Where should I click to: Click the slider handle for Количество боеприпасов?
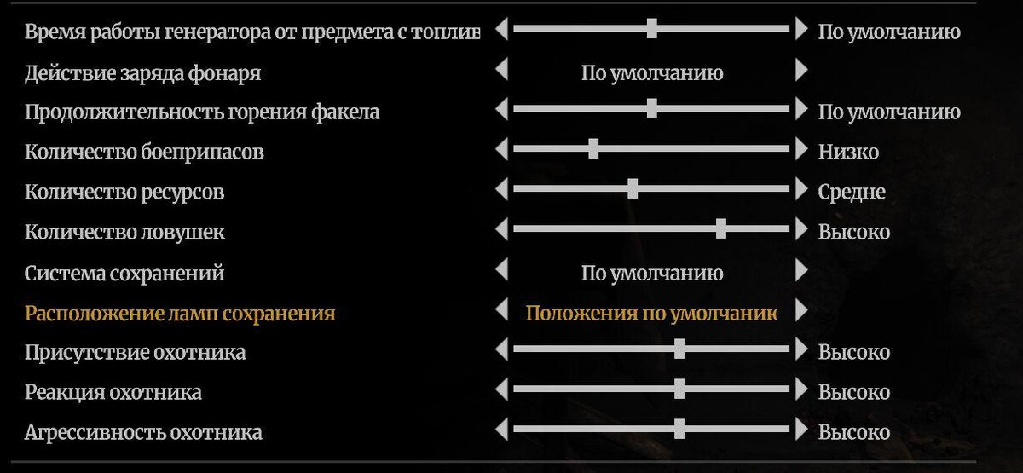[x=593, y=149]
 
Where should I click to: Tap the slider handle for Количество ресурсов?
[x=633, y=189]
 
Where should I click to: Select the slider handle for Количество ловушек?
[x=721, y=228]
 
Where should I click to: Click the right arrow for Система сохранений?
[x=800, y=270]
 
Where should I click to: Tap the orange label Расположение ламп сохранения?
[x=180, y=314]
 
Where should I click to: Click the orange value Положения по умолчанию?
[x=651, y=314]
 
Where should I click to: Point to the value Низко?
[x=848, y=153]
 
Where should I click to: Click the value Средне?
[x=852, y=193]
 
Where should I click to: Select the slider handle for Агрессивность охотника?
[x=679, y=429]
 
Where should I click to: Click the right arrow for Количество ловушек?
[x=800, y=229]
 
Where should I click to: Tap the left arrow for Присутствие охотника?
[x=501, y=349]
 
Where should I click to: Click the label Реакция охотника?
[x=113, y=393]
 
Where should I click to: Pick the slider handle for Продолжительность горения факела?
[x=652, y=109]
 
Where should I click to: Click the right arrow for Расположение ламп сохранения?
[x=800, y=310]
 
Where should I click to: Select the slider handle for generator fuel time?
[x=652, y=29]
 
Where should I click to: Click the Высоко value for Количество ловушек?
[x=854, y=233]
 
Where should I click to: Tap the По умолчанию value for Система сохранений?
[x=652, y=274]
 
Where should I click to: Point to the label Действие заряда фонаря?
[x=143, y=73]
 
